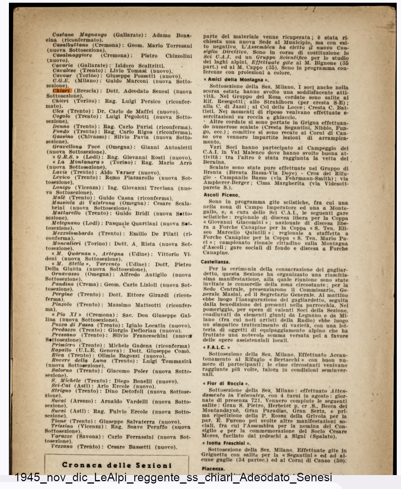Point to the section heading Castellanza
[215, 262]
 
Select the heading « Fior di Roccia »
[225, 383]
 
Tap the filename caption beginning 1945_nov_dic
[173, 477]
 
